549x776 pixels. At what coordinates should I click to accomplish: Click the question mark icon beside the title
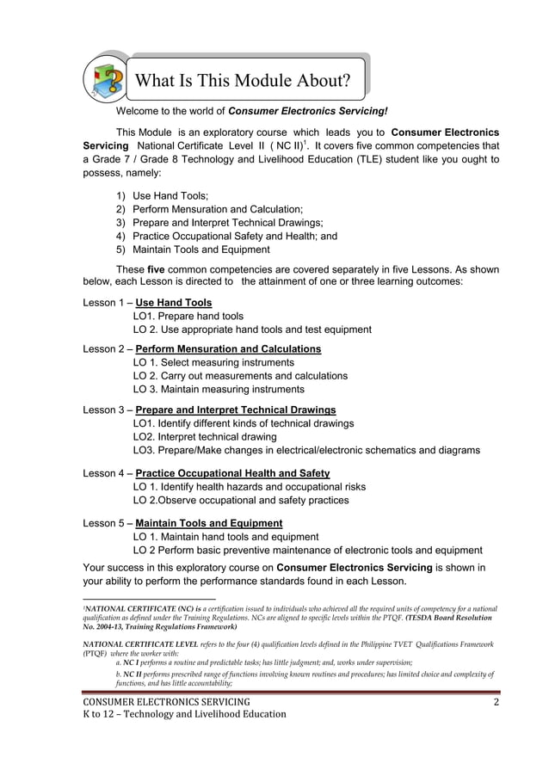[x=106, y=79]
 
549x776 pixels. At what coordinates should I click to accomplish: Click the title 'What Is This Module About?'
[x=244, y=82]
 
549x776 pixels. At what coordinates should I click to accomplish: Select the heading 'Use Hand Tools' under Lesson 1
[x=174, y=303]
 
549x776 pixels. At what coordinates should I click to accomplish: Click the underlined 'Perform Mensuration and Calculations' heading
[x=228, y=349]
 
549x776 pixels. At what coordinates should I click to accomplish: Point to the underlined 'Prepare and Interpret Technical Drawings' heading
[x=236, y=410]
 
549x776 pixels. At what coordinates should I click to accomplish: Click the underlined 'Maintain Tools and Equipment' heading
[x=209, y=523]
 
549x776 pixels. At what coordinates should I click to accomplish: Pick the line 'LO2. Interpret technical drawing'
[x=205, y=437]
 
